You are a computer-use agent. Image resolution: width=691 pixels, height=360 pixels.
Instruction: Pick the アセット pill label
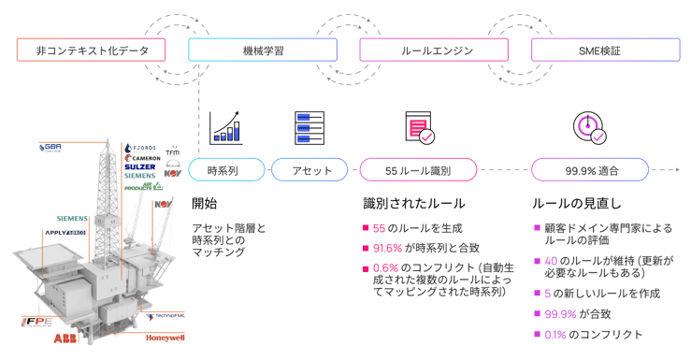308,170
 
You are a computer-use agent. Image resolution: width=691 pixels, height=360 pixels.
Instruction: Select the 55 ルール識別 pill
418,170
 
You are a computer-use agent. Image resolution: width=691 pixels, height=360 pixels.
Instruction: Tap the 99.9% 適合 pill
589,170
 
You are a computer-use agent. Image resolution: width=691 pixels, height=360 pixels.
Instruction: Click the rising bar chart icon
226,127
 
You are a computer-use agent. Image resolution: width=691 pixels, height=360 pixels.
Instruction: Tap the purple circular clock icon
589,127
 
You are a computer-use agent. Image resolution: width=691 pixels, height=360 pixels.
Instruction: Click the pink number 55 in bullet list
380,227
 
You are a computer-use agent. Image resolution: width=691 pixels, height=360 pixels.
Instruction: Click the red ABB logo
65,337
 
